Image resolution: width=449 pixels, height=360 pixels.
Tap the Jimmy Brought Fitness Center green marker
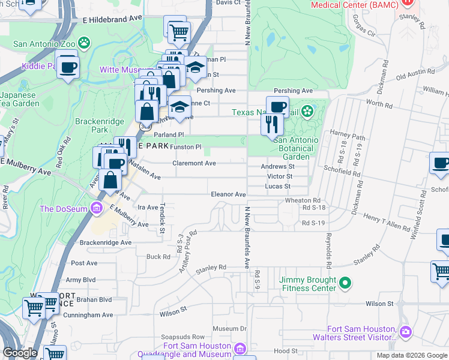pyautogui.click(x=345, y=282)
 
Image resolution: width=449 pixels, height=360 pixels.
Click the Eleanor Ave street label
pyautogui.click(x=228, y=194)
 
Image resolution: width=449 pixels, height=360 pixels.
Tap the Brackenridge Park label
pyautogui.click(x=91, y=125)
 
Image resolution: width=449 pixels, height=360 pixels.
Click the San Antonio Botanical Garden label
pyautogui.click(x=296, y=148)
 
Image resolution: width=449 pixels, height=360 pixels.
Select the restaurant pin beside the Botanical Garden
pyautogui.click(x=272, y=124)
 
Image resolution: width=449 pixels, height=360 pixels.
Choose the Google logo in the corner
pyautogui.click(x=20, y=353)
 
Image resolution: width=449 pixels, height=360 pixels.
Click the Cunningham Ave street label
pyautogui.click(x=89, y=314)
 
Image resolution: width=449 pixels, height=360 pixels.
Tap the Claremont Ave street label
pyautogui.click(x=194, y=163)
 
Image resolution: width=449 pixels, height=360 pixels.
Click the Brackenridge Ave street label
pyautogui.click(x=105, y=242)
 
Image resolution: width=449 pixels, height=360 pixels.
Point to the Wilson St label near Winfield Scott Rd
pyautogui.click(x=379, y=304)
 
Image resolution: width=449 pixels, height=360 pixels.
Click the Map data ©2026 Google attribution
pyautogui.click(x=412, y=355)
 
